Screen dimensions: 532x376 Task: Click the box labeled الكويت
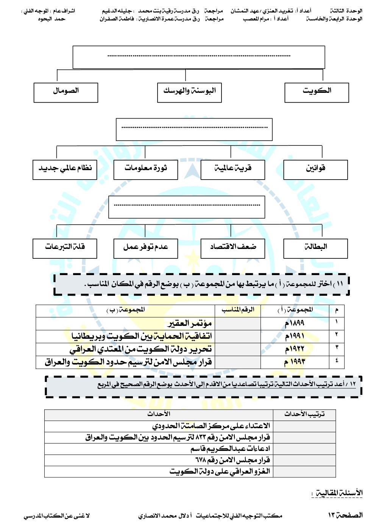(317, 92)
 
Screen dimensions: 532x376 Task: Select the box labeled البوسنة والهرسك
(189, 92)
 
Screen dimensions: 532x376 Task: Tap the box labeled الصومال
(66, 92)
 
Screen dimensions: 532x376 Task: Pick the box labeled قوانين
(315, 169)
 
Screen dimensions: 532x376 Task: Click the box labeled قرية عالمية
(232, 169)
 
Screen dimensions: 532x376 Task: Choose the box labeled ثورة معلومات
(145, 169)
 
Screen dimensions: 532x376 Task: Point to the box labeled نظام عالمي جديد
(65, 169)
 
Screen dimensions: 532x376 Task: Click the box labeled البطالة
(315, 248)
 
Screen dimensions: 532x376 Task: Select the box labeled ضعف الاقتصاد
(232, 248)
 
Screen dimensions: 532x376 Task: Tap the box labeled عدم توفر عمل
(145, 248)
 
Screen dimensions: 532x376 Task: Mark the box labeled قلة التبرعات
(65, 248)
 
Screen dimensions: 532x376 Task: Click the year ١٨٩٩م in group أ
(295, 323)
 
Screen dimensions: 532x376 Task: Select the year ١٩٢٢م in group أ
(295, 349)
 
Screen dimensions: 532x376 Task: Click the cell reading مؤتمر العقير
(190, 323)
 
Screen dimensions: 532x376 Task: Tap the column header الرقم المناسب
(238, 310)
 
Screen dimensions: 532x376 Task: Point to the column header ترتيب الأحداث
(304, 414)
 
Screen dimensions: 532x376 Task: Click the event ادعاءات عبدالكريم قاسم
(230, 449)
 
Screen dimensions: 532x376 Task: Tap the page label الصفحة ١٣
(345, 515)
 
